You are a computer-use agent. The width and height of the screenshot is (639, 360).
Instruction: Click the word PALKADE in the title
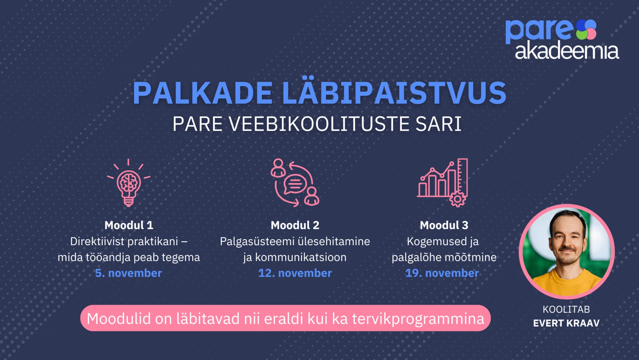(x=203, y=93)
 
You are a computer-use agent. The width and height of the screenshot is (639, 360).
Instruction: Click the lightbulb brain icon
(x=129, y=183)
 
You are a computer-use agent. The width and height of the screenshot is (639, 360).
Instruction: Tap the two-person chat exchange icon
(x=295, y=182)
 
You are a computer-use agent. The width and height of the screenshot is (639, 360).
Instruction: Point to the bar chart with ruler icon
(x=442, y=182)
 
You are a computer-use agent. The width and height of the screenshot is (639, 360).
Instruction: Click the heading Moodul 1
(x=129, y=225)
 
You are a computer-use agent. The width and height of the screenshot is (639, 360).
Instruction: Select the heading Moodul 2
(x=295, y=225)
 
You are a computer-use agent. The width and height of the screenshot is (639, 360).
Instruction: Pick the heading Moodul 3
(x=444, y=225)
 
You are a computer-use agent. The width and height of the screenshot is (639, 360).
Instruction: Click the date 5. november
(x=129, y=273)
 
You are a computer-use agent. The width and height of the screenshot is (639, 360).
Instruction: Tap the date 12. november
(x=295, y=273)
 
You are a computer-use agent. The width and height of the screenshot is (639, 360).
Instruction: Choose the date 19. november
(x=442, y=273)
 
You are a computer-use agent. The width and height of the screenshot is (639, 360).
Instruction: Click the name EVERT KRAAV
(x=566, y=323)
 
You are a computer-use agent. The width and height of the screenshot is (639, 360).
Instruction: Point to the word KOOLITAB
(x=566, y=309)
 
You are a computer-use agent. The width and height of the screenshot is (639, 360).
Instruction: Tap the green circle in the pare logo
(x=582, y=34)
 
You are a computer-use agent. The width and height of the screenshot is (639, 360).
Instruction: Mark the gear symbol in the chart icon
(x=458, y=199)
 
